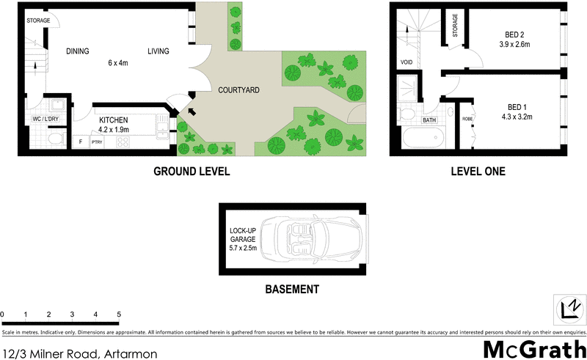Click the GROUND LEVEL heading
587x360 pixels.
192,172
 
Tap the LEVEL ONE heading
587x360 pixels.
478,172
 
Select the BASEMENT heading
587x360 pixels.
291,289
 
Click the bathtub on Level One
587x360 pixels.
424,137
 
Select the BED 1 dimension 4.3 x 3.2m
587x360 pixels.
517,116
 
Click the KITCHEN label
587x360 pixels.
114,120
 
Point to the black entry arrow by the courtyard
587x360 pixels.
192,111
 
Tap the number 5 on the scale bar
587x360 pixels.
119,315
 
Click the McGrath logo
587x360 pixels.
534,348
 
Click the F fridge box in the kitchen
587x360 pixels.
80,142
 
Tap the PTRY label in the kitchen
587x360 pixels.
96,142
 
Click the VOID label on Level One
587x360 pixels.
406,63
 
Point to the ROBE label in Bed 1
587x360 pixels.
466,120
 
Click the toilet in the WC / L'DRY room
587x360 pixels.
54,138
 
